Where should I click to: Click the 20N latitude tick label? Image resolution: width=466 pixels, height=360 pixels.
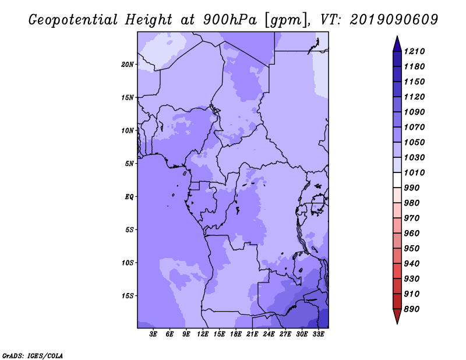click(128, 64)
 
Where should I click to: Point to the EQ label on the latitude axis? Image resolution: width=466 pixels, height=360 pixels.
click(129, 196)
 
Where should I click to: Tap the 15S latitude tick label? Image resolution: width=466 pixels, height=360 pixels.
click(128, 295)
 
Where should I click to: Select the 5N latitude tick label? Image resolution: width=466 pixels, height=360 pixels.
click(129, 164)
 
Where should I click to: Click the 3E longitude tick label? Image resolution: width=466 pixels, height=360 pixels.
click(154, 334)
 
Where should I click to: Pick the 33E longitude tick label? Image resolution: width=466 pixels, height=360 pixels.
click(319, 334)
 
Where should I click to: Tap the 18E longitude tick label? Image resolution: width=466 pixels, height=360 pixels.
click(236, 334)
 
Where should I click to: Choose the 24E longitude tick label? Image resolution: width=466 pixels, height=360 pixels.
click(269, 334)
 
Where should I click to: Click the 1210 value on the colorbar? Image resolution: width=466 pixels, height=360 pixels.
click(416, 51)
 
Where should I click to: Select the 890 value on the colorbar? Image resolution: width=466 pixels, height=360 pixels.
click(414, 309)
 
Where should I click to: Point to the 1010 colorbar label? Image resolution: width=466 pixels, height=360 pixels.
click(416, 172)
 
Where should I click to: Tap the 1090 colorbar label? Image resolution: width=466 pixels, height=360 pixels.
click(416, 112)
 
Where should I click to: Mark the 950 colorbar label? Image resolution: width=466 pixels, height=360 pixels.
click(414, 248)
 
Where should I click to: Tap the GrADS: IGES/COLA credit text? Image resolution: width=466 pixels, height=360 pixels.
click(32, 355)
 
